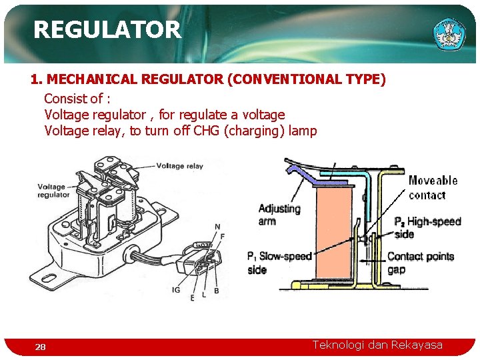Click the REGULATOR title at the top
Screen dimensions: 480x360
(107, 29)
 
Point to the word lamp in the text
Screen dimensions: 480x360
(303, 131)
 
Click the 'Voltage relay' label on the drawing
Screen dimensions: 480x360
(180, 166)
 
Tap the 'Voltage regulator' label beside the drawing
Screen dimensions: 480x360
(53, 191)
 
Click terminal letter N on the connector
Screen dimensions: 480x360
(217, 227)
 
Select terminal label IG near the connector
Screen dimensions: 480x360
(176, 290)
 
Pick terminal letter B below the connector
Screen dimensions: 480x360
(217, 291)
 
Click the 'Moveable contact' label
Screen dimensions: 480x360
(433, 187)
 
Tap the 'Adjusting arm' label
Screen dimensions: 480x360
(279, 214)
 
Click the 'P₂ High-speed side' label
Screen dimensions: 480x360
(427, 227)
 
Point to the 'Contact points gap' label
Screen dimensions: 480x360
(420, 263)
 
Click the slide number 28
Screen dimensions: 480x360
(41, 347)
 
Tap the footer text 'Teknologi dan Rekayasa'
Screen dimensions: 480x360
(377, 345)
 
